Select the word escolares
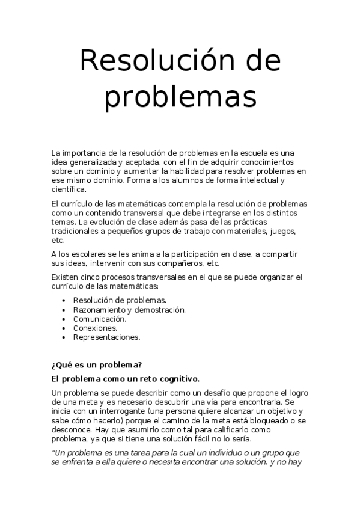point(91,253)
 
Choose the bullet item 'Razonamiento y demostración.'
point(129,310)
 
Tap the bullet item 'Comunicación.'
point(100,319)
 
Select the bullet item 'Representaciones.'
point(106,337)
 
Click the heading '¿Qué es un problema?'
point(96,364)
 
